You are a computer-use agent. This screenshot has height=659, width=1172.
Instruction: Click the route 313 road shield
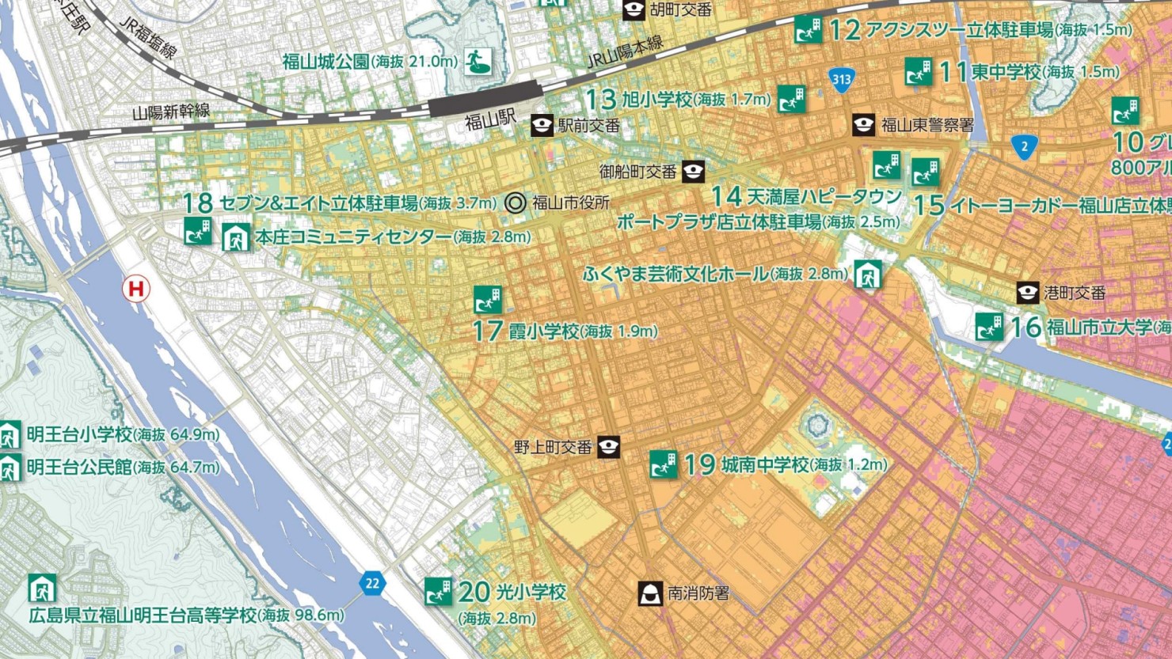pos(841,79)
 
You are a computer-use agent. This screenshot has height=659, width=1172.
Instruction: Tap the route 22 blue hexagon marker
pos(371,584)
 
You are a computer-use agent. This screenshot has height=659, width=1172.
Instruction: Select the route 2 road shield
pos(1024,146)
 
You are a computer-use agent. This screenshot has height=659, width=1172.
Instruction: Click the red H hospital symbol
pos(136,289)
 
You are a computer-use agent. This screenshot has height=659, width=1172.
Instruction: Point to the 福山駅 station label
pos(490,122)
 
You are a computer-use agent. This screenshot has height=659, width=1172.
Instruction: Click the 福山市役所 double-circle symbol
pos(516,203)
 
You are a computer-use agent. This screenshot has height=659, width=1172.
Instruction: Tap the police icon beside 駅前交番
pos(542,125)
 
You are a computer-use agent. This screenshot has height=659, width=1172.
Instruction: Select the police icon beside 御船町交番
pos(693,171)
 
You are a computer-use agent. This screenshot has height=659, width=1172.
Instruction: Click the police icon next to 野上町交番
pos(608,447)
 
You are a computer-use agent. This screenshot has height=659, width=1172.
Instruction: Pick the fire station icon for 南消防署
pos(650,593)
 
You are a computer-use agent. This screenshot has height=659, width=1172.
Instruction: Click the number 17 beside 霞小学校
pos(488,331)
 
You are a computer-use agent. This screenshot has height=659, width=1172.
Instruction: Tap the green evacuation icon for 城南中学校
pos(663,464)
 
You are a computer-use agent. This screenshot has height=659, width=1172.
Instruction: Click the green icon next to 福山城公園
pos(478,61)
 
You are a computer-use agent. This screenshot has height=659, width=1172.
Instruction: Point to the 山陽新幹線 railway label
pos(171,112)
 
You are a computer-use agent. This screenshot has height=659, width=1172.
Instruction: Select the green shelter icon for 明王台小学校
pos(10,434)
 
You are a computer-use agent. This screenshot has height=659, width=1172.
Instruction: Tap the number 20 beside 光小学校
pos(474,592)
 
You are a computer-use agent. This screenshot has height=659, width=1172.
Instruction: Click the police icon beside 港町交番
pos(1027,293)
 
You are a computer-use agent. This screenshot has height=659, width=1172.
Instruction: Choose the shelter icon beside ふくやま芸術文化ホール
pos(867,275)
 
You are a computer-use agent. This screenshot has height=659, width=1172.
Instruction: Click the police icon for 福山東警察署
pos(863,125)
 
